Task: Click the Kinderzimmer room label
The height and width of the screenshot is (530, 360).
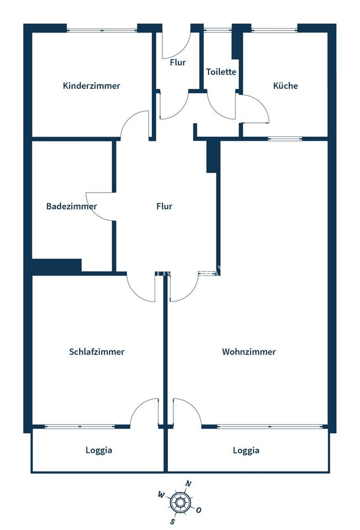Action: click(91, 86)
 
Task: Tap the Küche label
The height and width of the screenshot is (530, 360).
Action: click(285, 86)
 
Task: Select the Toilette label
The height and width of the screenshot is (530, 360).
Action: click(221, 72)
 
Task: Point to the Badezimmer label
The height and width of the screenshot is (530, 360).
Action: click(72, 206)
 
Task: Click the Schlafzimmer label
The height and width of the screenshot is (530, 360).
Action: click(97, 352)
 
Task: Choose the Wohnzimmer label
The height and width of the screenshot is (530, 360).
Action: click(249, 352)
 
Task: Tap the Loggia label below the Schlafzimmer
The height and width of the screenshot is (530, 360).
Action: click(99, 451)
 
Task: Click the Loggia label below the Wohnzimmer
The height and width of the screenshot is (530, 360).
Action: click(246, 451)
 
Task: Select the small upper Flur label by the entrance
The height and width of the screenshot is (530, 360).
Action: click(178, 62)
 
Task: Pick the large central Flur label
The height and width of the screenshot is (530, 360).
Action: click(165, 206)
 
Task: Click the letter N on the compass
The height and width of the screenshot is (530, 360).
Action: click(188, 484)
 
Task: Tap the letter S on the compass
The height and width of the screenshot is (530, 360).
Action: click(173, 522)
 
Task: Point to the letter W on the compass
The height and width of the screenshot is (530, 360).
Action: click(161, 495)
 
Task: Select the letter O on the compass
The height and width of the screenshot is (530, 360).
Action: click(199, 510)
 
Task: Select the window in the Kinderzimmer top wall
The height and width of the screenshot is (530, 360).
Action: click(102, 30)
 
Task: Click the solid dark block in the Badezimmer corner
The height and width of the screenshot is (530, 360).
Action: click(57, 266)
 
